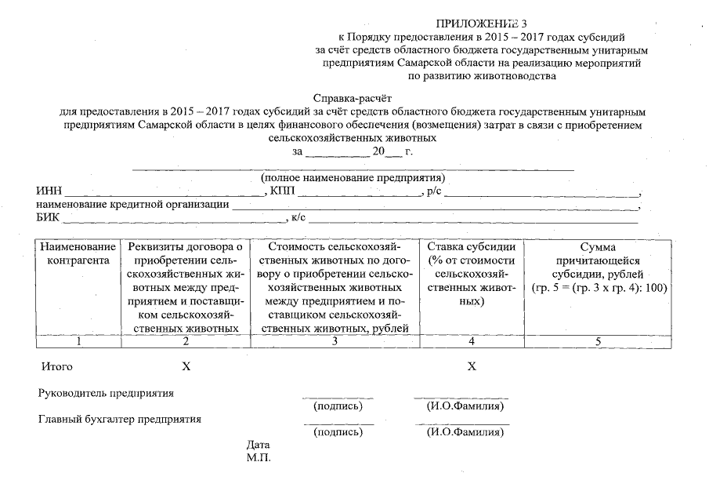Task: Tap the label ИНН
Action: pyautogui.click(x=49, y=192)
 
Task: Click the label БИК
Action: pyautogui.click(x=49, y=218)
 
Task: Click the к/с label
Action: pyautogui.click(x=297, y=218)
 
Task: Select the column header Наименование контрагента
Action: pyautogui.click(x=78, y=253)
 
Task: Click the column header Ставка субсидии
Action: pyautogui.click(x=471, y=246)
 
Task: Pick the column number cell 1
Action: pyautogui.click(x=78, y=341)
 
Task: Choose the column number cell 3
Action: pyautogui.click(x=335, y=341)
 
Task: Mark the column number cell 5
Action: pyautogui.click(x=598, y=341)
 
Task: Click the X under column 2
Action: pyautogui.click(x=186, y=366)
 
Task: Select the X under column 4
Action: pyautogui.click(x=472, y=366)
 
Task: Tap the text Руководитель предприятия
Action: pyautogui.click(x=107, y=393)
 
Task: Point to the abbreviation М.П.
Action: pyautogui.click(x=259, y=458)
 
